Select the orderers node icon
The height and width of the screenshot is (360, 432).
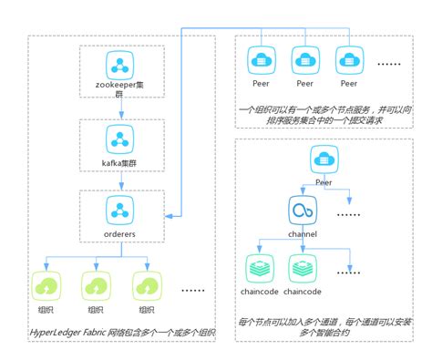(120, 211)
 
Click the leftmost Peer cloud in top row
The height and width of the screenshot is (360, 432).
(262, 62)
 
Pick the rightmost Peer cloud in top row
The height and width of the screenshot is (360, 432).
(349, 62)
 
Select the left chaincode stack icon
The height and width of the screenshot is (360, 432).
(261, 268)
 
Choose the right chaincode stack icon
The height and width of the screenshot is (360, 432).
(303, 268)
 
